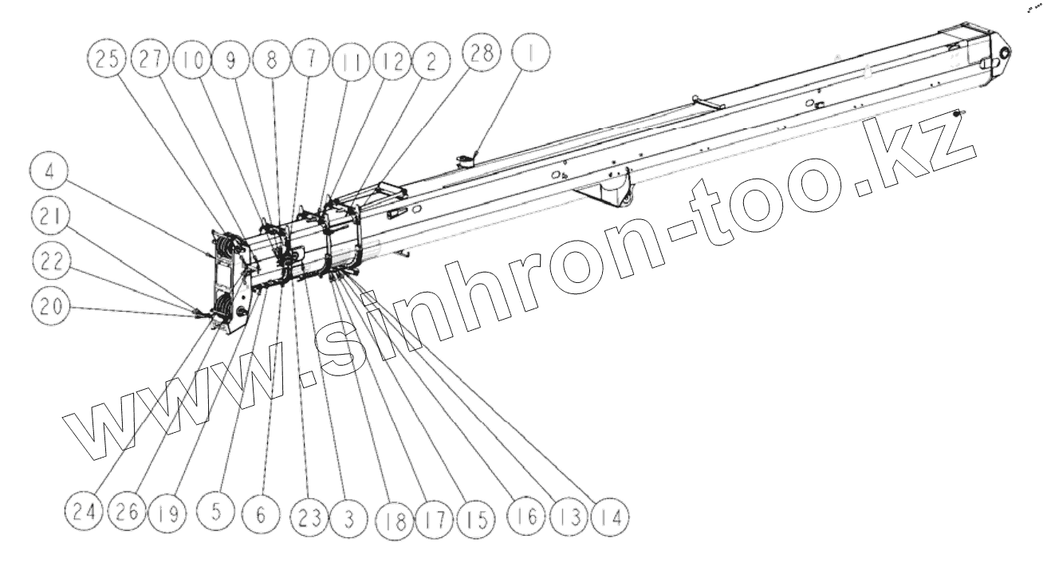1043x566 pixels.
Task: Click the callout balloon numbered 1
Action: point(529,57)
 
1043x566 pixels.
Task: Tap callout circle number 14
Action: point(608,516)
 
